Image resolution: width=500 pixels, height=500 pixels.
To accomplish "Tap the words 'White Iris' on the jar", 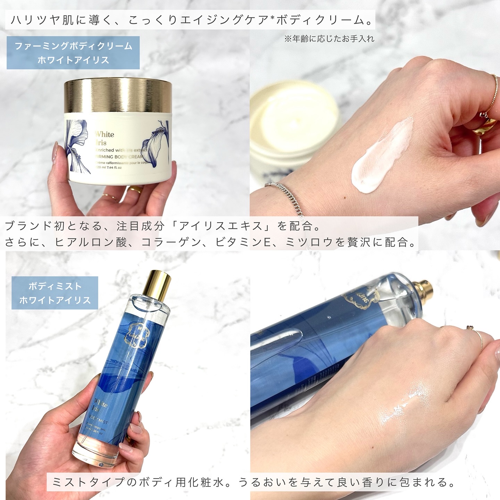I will [104, 138].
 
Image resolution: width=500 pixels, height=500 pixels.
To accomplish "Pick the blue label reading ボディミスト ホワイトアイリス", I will [55, 293].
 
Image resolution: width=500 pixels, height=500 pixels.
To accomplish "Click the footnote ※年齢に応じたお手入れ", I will [329, 39].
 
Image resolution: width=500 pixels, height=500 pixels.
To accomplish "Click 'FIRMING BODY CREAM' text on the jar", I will [120, 157].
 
